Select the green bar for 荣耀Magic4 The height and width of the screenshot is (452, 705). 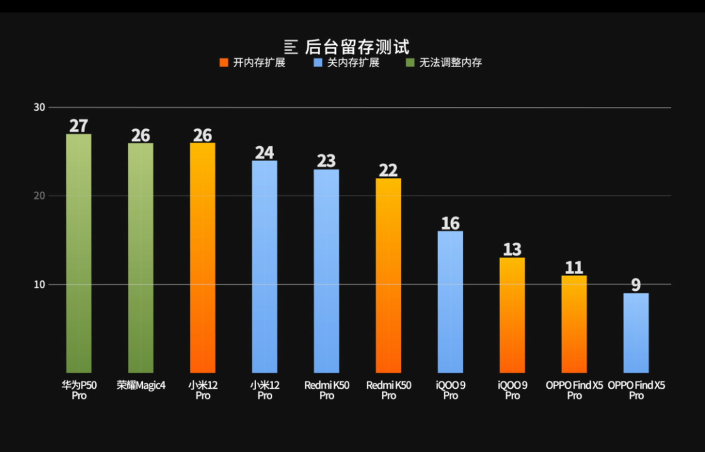[140, 258]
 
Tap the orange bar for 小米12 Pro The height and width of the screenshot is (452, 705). [202, 258]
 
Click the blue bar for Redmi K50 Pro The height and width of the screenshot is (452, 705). [326, 271]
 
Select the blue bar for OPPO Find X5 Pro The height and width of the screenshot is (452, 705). [636, 333]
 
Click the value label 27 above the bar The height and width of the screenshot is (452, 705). [78, 126]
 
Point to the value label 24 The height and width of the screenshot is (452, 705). [264, 153]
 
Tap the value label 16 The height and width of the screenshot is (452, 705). [450, 223]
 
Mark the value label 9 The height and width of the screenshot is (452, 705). [636, 285]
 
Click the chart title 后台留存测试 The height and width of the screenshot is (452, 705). [357, 47]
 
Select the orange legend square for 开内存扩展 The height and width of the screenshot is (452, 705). [223, 63]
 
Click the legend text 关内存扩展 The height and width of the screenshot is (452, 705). [352, 63]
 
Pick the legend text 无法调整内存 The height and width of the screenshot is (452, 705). [450, 63]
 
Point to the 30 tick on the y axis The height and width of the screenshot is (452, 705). [39, 107]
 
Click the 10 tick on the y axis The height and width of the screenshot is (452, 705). [39, 284]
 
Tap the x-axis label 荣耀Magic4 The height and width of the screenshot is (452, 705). [140, 385]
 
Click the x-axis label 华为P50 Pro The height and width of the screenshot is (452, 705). [78, 390]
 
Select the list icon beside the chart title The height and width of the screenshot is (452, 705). [291, 47]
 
